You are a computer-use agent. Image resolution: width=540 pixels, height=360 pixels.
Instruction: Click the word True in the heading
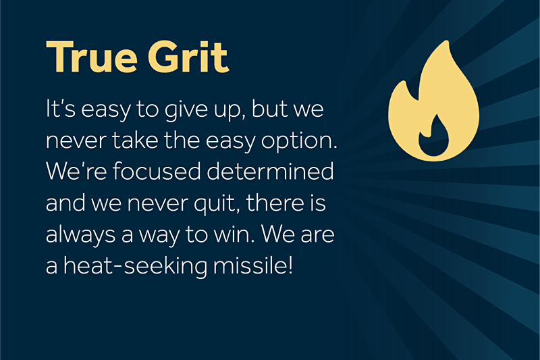click(x=91, y=57)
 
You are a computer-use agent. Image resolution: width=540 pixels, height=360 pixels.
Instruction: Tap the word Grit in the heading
click(x=188, y=57)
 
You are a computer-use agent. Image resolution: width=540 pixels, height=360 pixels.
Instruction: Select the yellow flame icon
click(x=433, y=101)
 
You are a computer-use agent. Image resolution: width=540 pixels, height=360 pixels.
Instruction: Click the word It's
click(x=61, y=109)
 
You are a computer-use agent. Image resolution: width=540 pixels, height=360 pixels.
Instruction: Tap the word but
click(x=269, y=108)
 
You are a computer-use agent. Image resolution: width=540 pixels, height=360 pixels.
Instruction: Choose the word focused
click(x=157, y=170)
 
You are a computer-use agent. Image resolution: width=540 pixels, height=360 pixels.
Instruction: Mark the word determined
click(x=270, y=170)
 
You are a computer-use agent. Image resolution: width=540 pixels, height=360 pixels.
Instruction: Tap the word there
click(x=275, y=202)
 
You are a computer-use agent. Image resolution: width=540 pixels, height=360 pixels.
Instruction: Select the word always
click(x=80, y=236)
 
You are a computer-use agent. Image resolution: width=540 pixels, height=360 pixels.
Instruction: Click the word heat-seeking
click(x=136, y=267)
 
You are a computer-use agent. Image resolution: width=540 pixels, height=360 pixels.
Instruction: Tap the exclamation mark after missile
click(x=290, y=265)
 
